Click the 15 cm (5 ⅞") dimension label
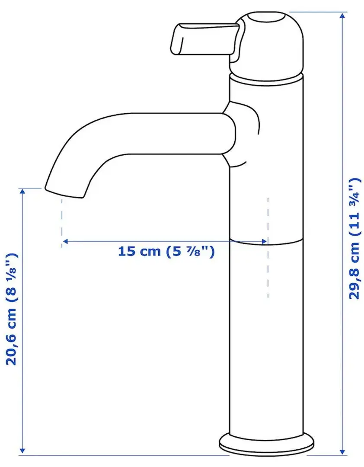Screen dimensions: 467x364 coord(166,252)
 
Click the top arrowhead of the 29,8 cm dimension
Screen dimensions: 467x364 coord(343,16)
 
